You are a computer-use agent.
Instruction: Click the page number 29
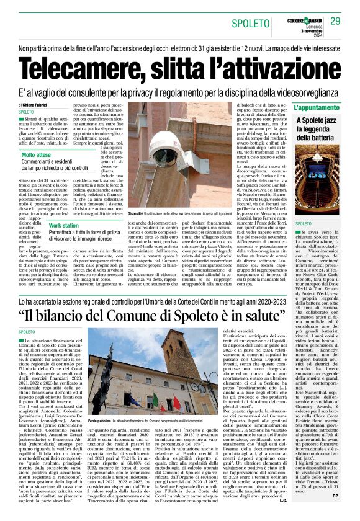(336, 22)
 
